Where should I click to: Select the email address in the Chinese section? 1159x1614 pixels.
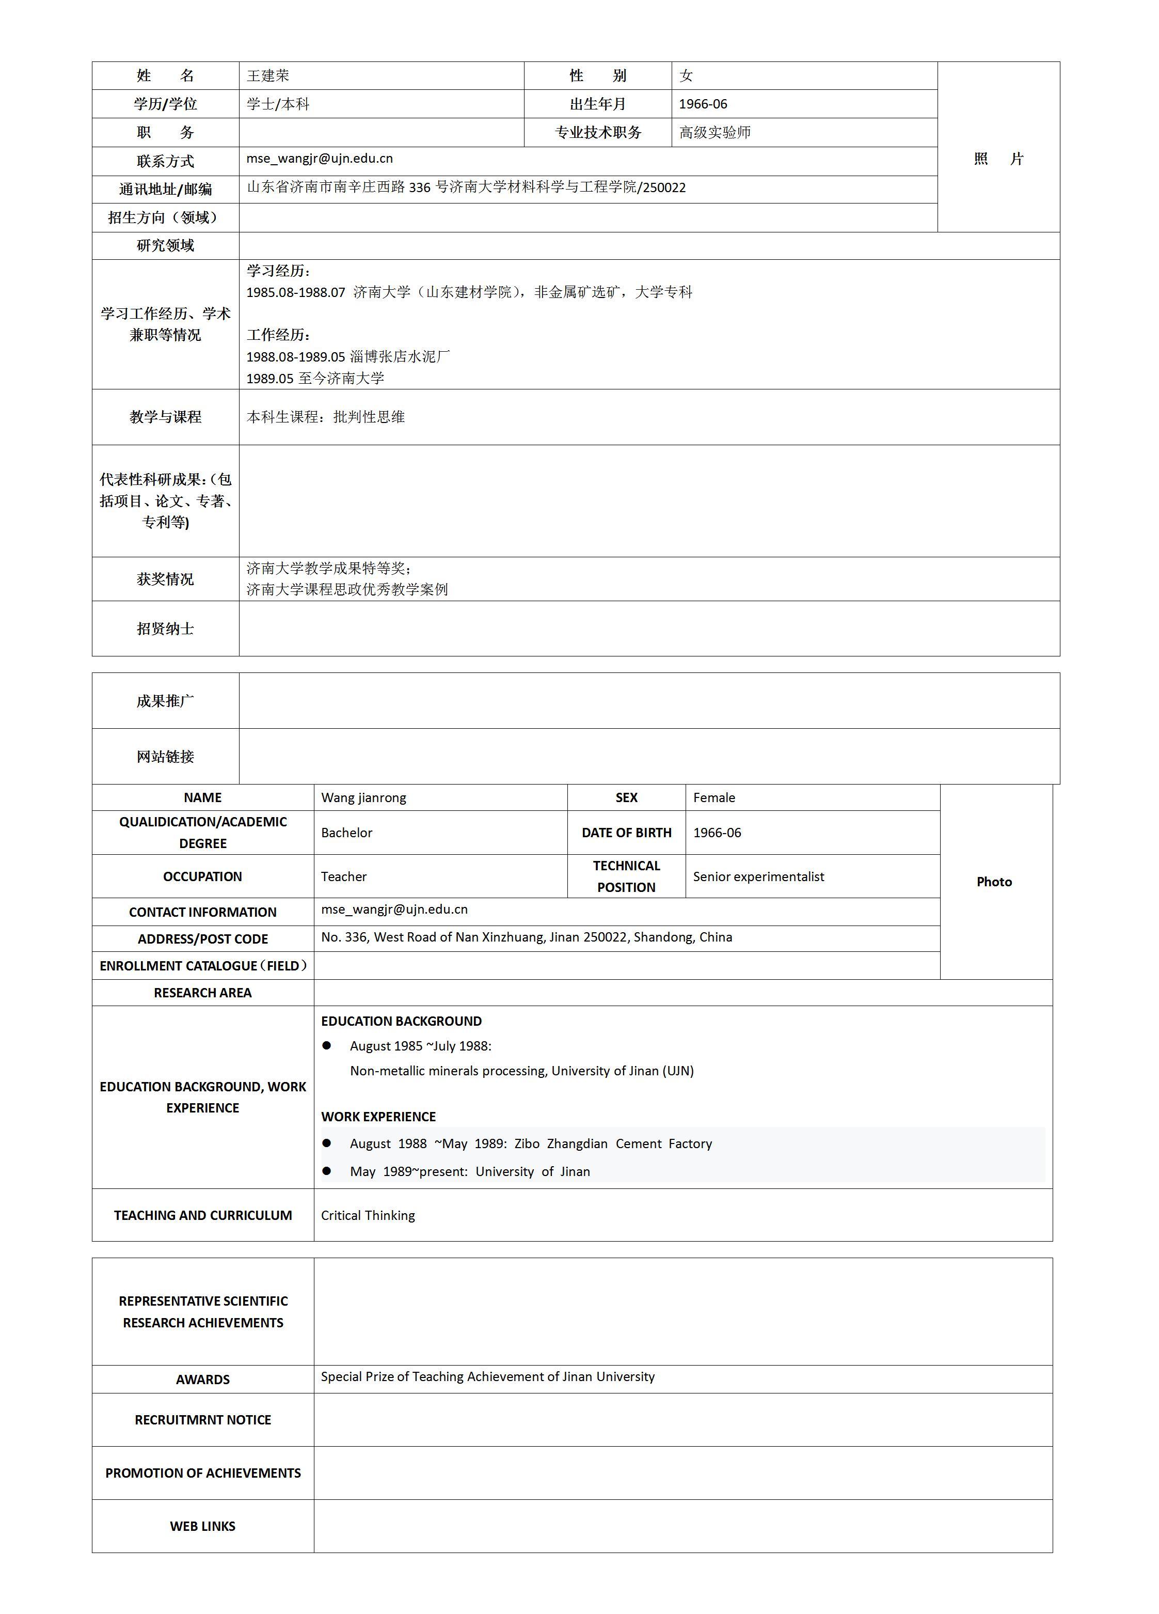320,159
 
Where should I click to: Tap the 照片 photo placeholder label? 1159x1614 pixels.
998,159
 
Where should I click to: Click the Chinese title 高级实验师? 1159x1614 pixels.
715,132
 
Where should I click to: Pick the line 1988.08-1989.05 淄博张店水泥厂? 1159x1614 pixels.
348,356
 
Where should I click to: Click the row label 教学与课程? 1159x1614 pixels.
165,417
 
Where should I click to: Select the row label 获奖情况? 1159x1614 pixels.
165,579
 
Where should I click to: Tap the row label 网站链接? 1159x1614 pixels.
165,757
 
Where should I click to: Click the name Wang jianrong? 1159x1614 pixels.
363,798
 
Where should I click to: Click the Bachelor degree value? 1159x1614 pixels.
346,833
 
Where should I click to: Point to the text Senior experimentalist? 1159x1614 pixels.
758,877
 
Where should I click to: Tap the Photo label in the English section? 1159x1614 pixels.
994,882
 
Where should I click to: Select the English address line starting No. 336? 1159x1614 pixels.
527,937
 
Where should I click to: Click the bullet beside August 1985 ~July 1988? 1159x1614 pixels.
327,1045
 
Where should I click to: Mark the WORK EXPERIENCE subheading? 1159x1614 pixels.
378,1117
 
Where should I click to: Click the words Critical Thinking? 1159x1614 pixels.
368,1215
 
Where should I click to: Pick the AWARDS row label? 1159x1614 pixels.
203,1379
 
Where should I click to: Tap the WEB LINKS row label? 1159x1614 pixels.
203,1527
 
